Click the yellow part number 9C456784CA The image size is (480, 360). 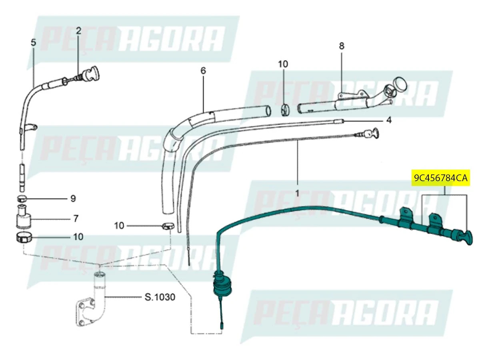pos(440,178)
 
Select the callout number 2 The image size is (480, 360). pos(78,30)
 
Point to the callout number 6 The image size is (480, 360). pos(203,71)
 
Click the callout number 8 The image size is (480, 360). pos(342,46)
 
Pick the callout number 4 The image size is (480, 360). pos(389,120)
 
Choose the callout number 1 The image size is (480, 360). pos(297,193)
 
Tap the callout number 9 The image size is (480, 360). pos(73,198)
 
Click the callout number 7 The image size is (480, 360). pos(76,219)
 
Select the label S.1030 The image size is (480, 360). pos(160,298)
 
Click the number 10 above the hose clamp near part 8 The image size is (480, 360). pos(283,64)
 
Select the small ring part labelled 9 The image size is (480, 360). pos(22,199)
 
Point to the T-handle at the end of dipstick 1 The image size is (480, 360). pos(374,133)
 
